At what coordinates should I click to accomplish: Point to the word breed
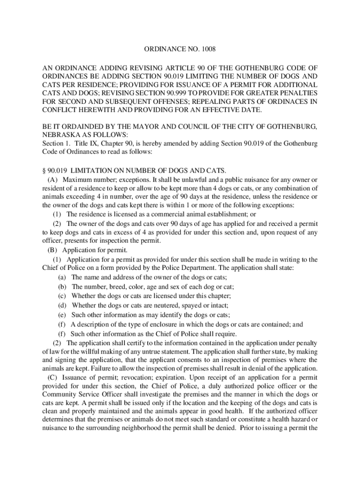pos(119,287)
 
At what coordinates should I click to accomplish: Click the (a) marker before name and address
pos(62,277)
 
